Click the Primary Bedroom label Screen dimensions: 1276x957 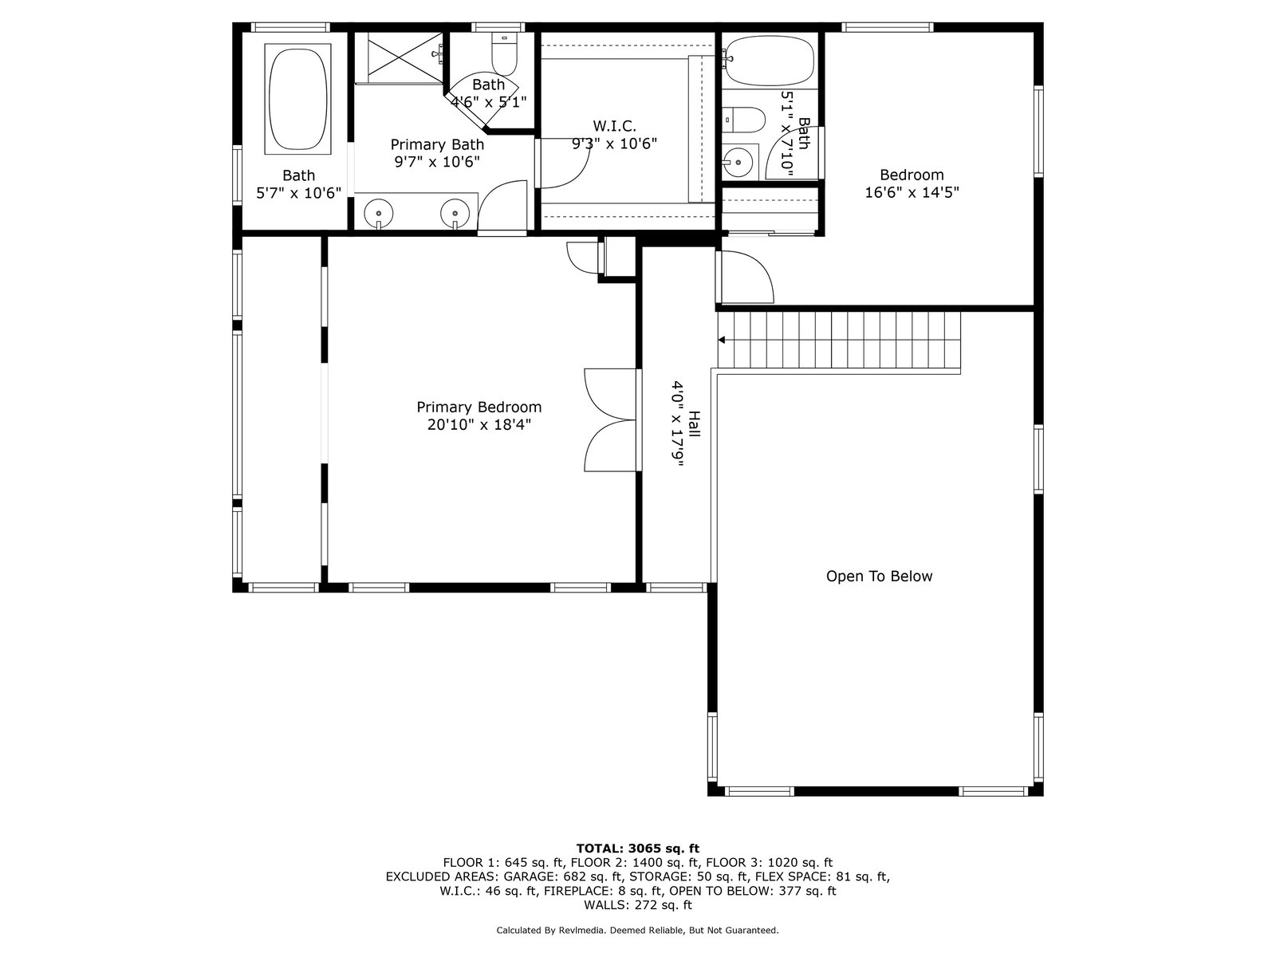(478, 407)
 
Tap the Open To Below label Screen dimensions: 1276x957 (879, 576)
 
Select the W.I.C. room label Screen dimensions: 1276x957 (614, 125)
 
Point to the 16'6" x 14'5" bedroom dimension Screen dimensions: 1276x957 (912, 192)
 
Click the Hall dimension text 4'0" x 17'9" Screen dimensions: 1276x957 (677, 423)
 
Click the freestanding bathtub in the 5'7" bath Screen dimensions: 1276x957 (297, 99)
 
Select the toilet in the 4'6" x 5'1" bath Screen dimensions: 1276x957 (504, 54)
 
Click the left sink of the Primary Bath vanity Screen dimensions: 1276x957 (379, 213)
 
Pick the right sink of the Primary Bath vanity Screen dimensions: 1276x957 (455, 213)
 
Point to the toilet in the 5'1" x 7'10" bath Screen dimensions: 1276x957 (744, 120)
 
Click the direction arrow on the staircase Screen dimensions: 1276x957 (722, 340)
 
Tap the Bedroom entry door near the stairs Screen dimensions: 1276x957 (745, 278)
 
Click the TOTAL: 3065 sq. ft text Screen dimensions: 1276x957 (638, 849)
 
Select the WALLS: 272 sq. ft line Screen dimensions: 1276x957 (638, 904)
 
